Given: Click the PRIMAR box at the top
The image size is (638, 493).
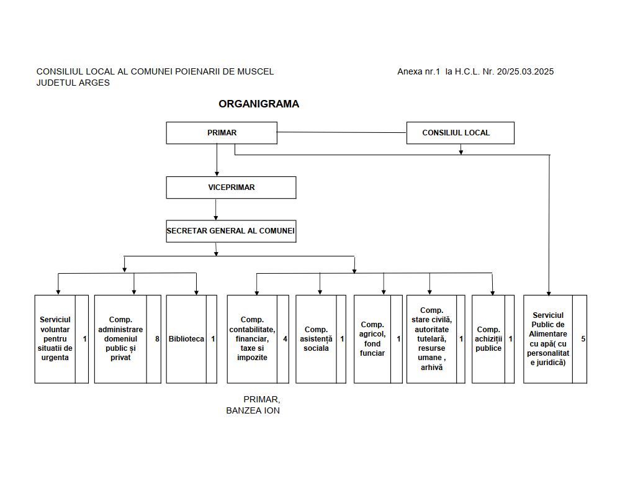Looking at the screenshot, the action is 222,133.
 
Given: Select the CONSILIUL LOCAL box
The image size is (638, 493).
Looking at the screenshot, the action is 460,133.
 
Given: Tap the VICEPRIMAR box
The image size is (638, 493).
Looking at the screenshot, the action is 231,188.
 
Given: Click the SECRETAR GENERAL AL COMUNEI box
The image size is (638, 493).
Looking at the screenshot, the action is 231,231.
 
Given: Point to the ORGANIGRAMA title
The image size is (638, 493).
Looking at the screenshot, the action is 259,104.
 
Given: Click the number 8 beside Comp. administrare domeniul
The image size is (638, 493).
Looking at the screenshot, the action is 157,339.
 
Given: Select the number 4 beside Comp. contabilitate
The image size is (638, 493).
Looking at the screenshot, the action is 285,339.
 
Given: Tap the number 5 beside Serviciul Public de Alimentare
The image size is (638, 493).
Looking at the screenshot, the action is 583,339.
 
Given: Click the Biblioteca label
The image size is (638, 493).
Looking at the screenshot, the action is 186,339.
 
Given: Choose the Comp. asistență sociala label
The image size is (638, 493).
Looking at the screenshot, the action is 316,339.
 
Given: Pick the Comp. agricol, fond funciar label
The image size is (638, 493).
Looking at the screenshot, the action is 372,339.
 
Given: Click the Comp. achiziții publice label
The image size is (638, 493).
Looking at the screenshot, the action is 488,339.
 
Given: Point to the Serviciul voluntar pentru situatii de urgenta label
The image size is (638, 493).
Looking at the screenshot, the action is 55,339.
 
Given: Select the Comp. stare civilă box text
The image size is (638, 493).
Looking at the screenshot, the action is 432,339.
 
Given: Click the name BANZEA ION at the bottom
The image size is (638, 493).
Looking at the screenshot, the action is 253,410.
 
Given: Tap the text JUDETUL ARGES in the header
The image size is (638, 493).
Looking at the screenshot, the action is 73,83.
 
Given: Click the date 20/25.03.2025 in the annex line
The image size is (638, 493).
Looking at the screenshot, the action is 525,71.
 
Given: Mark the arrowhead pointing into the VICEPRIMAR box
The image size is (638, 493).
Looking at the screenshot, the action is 217,174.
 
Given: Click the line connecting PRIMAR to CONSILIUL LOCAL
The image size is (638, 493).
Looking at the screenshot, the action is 342,132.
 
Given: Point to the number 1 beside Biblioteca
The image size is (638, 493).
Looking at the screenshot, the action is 213,339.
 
